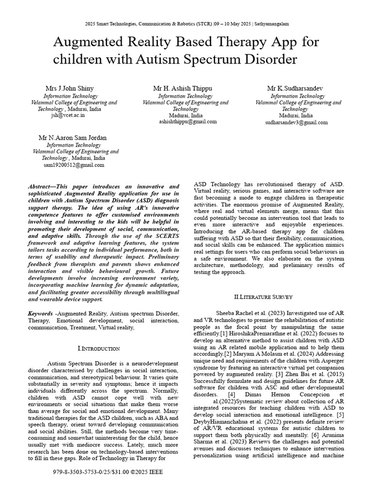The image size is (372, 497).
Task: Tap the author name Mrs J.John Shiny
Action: click(x=69, y=88)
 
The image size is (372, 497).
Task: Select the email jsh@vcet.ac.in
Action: click(x=67, y=116)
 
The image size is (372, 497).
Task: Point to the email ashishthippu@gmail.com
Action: click(x=188, y=122)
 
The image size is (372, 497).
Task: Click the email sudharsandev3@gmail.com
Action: click(x=296, y=123)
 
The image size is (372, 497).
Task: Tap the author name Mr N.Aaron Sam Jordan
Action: click(x=73, y=138)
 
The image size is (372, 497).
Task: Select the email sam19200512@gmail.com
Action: click(x=74, y=165)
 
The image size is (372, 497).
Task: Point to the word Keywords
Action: click(x=40, y=314)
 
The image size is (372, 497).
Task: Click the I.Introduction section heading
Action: click(x=98, y=348)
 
